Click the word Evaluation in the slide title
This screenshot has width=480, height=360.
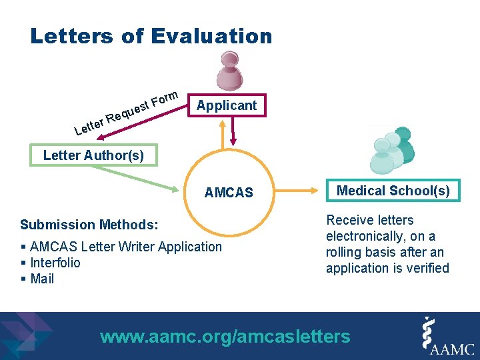[212, 36]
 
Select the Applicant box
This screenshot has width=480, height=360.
[226, 105]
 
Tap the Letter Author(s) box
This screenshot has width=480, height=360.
[93, 155]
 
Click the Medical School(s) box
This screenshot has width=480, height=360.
[393, 191]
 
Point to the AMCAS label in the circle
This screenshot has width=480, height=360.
[229, 193]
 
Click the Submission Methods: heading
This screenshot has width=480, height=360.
[89, 225]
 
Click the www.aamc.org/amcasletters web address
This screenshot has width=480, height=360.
[225, 337]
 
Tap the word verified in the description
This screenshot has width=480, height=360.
[430, 268]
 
